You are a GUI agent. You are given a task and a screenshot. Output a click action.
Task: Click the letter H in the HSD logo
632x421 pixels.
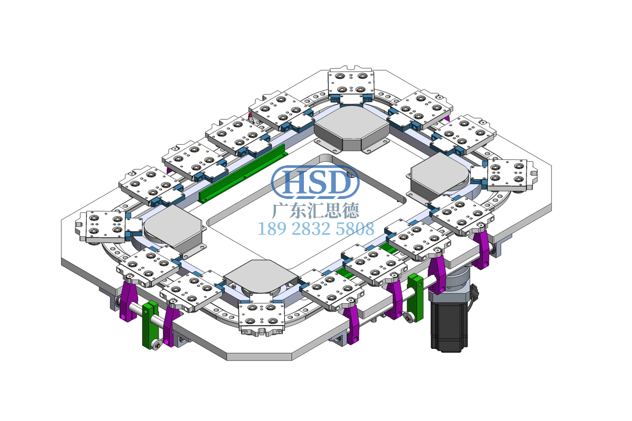(x=295, y=182)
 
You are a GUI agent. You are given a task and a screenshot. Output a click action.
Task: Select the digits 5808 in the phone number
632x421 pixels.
(x=355, y=229)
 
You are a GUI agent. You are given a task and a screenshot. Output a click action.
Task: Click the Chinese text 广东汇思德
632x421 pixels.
(x=315, y=210)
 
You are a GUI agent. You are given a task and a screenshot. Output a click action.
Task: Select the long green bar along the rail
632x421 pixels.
(x=243, y=174)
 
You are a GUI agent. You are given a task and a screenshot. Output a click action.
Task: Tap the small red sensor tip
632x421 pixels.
(x=250, y=115)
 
